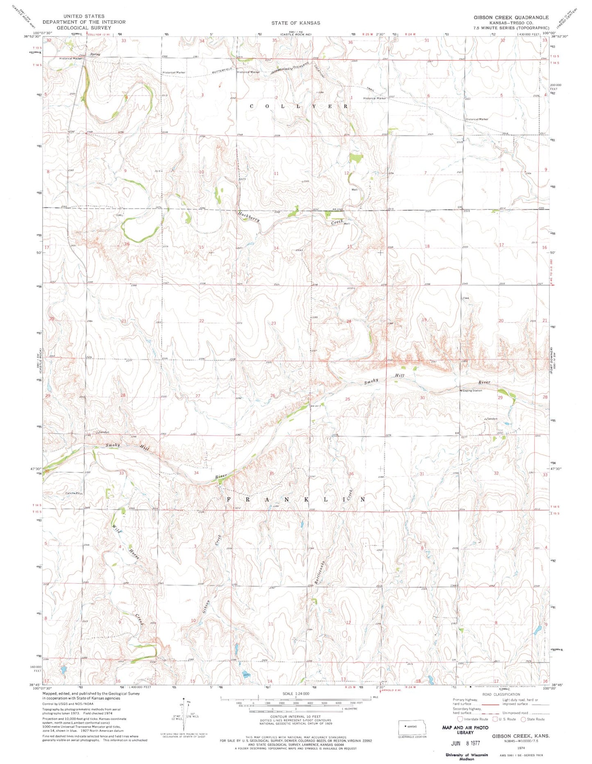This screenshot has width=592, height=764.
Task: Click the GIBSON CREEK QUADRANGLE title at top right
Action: (x=511, y=17)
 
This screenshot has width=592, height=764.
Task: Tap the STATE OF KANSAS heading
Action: (x=295, y=23)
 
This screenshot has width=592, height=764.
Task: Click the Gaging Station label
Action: (x=472, y=390)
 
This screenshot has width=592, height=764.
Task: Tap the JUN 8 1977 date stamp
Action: (x=465, y=743)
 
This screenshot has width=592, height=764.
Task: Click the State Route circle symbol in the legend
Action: (x=523, y=719)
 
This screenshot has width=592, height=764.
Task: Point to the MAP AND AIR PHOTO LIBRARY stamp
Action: (x=465, y=730)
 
